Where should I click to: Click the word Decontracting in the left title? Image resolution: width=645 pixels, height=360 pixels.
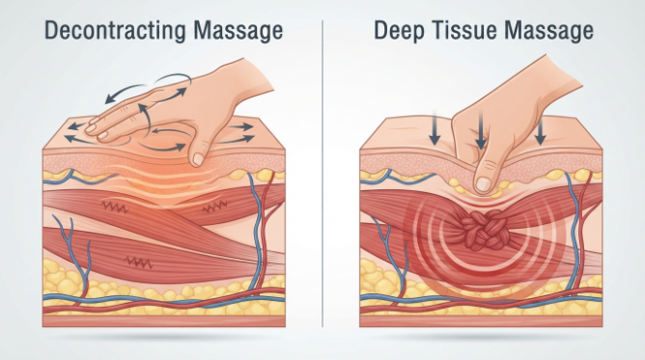(x=115, y=31)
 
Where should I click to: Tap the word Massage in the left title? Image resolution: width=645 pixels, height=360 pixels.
(x=238, y=31)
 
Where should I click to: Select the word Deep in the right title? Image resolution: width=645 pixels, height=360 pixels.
(x=398, y=31)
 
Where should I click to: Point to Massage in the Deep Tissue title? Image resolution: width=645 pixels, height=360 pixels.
(x=548, y=31)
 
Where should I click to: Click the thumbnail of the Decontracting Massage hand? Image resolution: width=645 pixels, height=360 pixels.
(x=199, y=159)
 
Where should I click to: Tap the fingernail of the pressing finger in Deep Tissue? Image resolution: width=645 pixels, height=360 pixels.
(x=484, y=184)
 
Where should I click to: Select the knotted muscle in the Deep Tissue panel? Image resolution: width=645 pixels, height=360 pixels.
(x=484, y=230)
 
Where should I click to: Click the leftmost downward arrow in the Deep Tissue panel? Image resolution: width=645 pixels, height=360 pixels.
(x=434, y=127)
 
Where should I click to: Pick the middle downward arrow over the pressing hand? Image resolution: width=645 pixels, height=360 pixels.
(x=481, y=130)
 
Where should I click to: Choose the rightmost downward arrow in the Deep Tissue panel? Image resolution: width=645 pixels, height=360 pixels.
(x=541, y=130)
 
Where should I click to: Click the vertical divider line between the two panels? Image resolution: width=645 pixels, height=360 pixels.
(x=322, y=174)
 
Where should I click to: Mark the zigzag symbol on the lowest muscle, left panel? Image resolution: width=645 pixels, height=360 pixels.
(x=139, y=262)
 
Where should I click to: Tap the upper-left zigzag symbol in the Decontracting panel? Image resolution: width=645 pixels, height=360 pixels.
(x=114, y=208)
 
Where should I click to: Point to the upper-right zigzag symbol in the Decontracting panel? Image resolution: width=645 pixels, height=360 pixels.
(x=214, y=207)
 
